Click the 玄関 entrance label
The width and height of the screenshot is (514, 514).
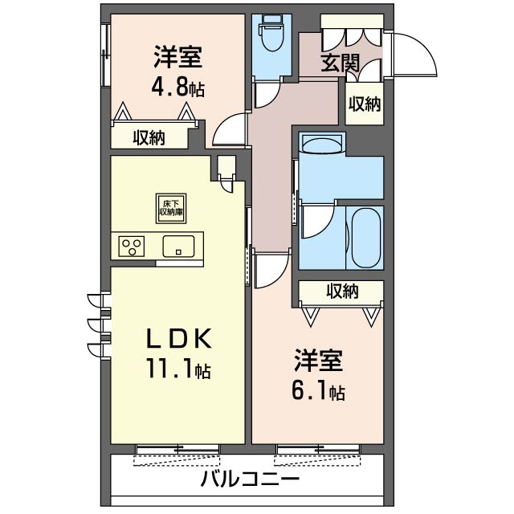click(340, 63)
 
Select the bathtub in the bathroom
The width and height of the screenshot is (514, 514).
click(366, 237)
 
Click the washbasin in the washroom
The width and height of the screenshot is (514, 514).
click(323, 143)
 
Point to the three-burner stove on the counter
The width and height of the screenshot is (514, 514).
click(132, 247)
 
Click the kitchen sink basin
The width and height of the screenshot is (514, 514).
click(178, 247)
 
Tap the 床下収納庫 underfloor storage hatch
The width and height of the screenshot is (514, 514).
click(171, 208)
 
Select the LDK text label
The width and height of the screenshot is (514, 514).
click(178, 339)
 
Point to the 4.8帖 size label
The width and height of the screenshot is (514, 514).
click(178, 87)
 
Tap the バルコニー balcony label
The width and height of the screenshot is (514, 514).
click(250, 479)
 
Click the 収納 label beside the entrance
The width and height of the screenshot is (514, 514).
click(364, 104)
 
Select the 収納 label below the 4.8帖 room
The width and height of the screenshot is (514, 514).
click(149, 138)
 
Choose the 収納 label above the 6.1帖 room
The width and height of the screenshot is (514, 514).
click(342, 291)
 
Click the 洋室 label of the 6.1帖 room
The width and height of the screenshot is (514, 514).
click(318, 361)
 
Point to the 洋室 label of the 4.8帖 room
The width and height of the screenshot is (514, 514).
click(178, 57)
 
